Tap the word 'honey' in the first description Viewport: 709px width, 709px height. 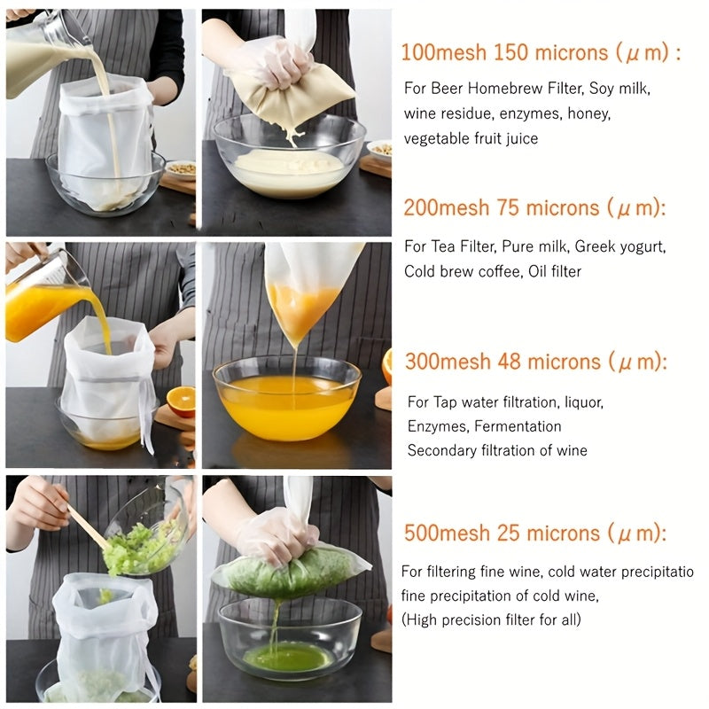pyautogui.click(x=590, y=113)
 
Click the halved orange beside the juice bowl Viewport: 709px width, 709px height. pyautogui.click(x=181, y=401)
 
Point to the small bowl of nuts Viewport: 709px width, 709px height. pyautogui.click(x=181, y=168)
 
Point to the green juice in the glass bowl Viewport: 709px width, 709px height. pyautogui.click(x=289, y=656)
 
